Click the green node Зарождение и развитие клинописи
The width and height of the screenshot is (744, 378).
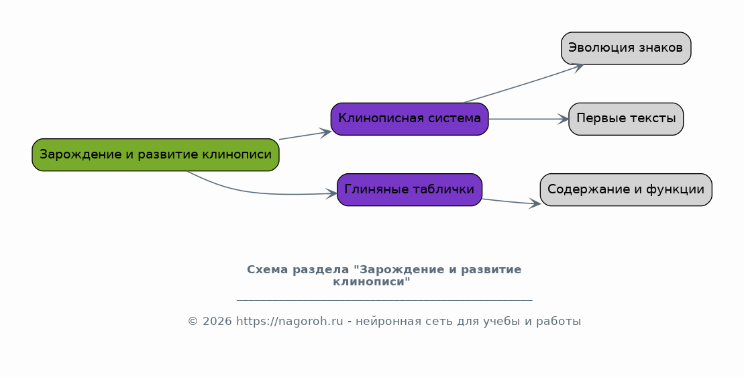(156, 155)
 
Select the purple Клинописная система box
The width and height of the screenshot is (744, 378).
(409, 120)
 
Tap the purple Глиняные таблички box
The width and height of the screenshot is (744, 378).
(409, 189)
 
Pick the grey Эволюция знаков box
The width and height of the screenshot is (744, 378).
(626, 48)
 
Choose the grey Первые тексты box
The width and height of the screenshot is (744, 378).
(626, 120)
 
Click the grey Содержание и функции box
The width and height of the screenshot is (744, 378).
(626, 189)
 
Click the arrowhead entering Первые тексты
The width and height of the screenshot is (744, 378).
(564, 120)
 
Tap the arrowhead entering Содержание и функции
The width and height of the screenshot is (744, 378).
(535, 203)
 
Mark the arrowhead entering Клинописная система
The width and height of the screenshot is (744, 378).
(325, 132)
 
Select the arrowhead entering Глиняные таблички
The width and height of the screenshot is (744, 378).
(331, 193)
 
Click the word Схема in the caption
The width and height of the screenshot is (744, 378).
(267, 270)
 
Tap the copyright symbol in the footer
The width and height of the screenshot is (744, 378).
(193, 322)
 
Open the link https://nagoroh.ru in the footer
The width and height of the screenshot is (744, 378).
(289, 322)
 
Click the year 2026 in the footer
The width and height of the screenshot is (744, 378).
(217, 322)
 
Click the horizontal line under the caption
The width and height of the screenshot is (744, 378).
(384, 300)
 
